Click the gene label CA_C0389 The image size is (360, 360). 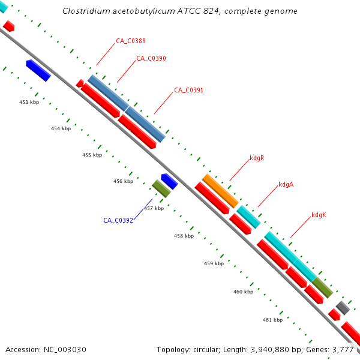click(131, 41)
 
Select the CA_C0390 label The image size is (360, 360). click(151, 58)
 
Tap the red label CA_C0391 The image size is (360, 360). click(188, 90)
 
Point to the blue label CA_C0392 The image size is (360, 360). click(118, 220)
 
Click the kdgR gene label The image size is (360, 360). click(257, 158)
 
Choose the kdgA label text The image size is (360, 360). click(286, 185)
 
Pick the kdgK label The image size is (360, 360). click(319, 215)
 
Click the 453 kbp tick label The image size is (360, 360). click(29, 102)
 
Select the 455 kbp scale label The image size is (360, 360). click(92, 155)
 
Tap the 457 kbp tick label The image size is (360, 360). click(154, 208)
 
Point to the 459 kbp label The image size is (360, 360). click(214, 263)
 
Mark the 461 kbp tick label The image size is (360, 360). click(272, 320)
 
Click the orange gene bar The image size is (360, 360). click(220, 191)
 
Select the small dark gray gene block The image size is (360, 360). click(343, 308)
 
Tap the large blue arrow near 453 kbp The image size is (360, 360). click(38, 70)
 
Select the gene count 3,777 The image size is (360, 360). click(344, 349)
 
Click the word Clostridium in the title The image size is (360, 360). click(87, 11)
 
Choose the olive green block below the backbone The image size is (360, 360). click(161, 188)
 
